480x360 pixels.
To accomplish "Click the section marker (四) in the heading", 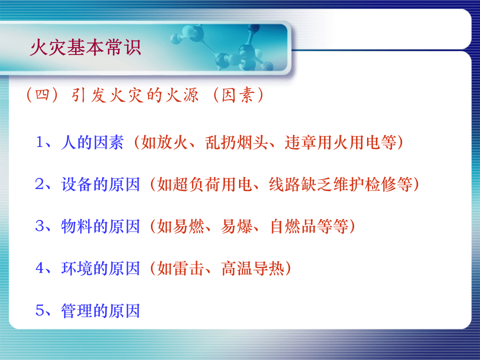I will (43, 95).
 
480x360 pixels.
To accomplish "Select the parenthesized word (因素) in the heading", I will (235, 95).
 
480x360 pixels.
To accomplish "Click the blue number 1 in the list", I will (40, 142).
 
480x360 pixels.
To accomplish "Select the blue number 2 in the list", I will (40, 184).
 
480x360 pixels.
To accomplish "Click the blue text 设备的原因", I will (100, 185).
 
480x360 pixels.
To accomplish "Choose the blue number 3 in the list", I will (40, 226).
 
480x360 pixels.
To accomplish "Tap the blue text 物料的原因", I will (100, 227).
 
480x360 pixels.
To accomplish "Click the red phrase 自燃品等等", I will (308, 227).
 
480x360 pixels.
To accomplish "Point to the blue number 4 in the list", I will (40, 268).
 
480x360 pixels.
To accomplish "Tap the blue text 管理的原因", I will (100, 311).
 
